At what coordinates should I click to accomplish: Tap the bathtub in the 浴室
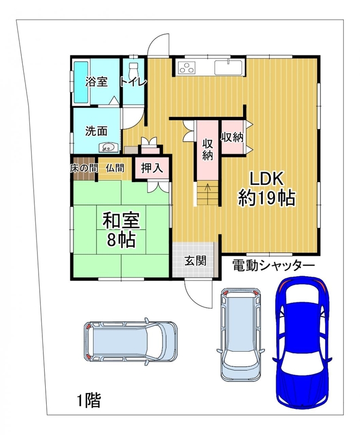click(80, 82)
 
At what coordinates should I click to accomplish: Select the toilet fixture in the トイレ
click(134, 70)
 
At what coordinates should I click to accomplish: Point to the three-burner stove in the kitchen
click(187, 67)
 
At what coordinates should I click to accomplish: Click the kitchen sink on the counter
click(228, 67)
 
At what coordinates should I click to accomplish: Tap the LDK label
click(267, 179)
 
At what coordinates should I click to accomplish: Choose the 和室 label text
click(121, 220)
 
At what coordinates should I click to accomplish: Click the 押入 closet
click(152, 169)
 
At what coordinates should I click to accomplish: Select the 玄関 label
click(195, 261)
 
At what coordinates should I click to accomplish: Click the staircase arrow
click(207, 189)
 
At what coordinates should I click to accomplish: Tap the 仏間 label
click(115, 168)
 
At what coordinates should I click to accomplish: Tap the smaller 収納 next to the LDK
click(232, 137)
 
